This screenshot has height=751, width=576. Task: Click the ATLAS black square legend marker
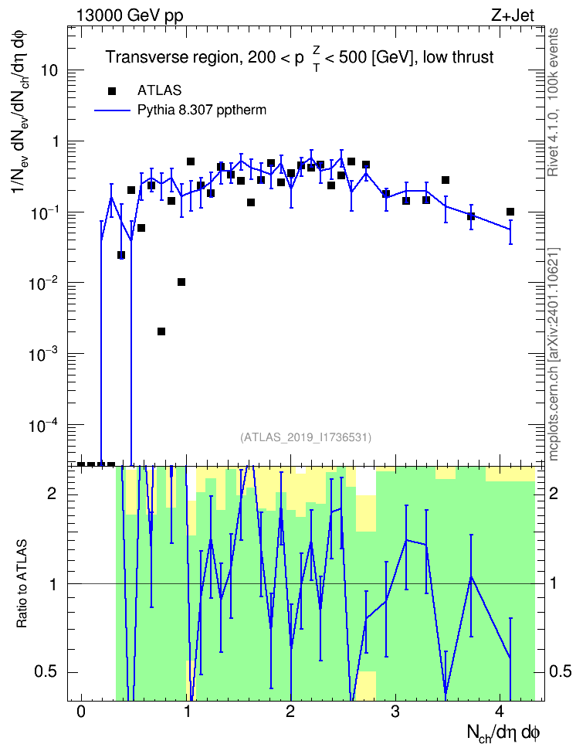tap(112, 91)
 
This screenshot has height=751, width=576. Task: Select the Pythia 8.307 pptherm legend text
tap(202, 110)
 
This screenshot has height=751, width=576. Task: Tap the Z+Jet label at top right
tap(513, 15)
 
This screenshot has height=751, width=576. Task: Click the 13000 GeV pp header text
tap(129, 15)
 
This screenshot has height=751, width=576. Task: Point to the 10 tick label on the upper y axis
tap(49, 71)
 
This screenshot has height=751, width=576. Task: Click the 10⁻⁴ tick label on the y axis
tap(43, 424)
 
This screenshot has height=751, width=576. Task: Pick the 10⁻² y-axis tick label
tap(43, 282)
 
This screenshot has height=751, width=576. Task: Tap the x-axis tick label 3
tap(395, 712)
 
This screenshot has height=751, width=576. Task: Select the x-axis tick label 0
tap(81, 712)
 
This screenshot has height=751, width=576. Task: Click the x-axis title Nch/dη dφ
tap(503, 732)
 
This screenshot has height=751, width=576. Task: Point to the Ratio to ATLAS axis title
tap(21, 583)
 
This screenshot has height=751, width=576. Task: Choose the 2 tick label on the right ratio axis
tap(554, 493)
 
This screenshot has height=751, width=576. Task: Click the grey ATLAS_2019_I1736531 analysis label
tap(306, 437)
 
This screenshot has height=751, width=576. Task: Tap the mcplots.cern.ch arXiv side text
tap(554, 355)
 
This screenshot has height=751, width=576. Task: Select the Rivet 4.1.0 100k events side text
tap(554, 103)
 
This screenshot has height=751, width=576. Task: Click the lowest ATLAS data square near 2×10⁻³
tap(161, 331)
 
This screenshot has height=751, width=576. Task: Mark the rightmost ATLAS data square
tap(510, 212)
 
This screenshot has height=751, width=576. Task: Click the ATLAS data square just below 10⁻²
tap(181, 282)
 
